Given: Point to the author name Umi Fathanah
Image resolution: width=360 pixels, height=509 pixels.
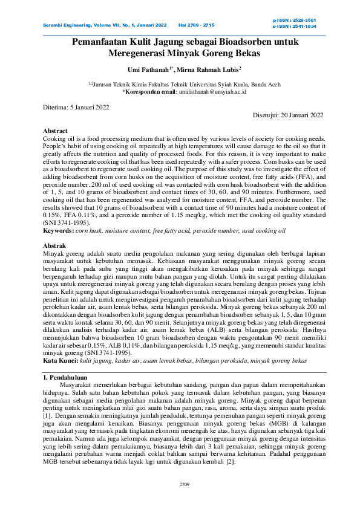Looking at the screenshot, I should (148, 70).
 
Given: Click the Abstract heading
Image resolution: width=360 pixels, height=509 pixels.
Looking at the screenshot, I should (55, 131).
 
